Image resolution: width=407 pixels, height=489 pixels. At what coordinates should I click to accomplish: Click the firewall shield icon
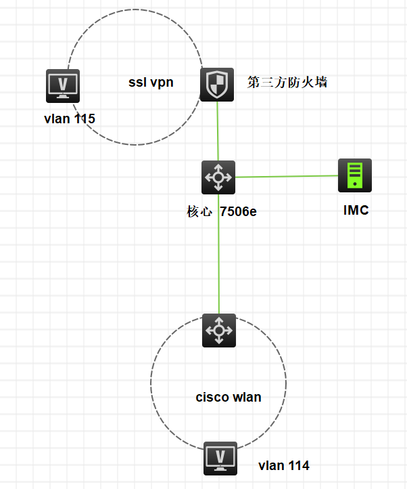click(217, 85)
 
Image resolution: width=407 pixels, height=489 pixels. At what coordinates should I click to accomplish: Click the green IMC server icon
click(355, 175)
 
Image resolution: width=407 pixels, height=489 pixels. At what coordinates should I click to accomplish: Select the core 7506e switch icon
click(218, 177)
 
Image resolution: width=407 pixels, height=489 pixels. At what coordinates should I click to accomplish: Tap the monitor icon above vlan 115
click(63, 86)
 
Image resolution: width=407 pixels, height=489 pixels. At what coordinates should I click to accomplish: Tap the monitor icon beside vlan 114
click(220, 459)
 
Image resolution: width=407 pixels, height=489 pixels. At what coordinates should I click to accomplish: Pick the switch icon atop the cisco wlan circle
click(219, 331)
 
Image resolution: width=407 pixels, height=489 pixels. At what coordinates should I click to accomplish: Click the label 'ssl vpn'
click(151, 83)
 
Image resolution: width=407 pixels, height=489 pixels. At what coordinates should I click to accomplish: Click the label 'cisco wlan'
click(229, 397)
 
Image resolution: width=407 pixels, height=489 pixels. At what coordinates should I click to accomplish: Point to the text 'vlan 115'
click(69, 119)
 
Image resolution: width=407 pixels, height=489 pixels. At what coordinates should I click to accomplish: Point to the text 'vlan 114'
click(284, 465)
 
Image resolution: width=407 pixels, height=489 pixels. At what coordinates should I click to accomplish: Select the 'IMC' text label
click(356, 210)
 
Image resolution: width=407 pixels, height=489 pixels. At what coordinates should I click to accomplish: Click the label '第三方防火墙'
click(288, 83)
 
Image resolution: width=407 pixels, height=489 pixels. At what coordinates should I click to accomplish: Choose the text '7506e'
click(238, 212)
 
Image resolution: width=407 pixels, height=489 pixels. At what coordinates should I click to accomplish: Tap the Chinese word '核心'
click(199, 212)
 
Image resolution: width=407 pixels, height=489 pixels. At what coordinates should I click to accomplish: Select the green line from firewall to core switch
click(218, 132)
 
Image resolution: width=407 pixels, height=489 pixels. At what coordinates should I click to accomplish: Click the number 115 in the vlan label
click(85, 119)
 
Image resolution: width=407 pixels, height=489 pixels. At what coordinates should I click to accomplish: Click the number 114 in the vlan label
click(299, 465)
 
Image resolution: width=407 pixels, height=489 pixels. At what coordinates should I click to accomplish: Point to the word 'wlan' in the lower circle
click(246, 397)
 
